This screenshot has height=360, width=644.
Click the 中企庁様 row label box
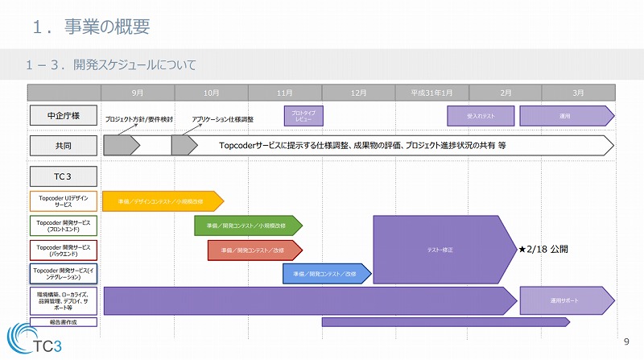tap(64, 116)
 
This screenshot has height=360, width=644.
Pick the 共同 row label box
tap(64, 146)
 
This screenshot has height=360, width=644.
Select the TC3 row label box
tap(64, 176)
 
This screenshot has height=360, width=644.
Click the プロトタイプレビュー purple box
tap(303, 116)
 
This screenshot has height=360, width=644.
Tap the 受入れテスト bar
tap(481, 116)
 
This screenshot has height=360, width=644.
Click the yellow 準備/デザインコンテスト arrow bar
tap(161, 201)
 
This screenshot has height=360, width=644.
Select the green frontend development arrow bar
tap(246, 226)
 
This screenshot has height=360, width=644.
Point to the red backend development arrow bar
tap(254, 250)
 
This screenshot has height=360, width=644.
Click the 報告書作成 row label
tap(64, 322)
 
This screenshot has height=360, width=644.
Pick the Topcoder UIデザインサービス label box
tap(64, 201)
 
